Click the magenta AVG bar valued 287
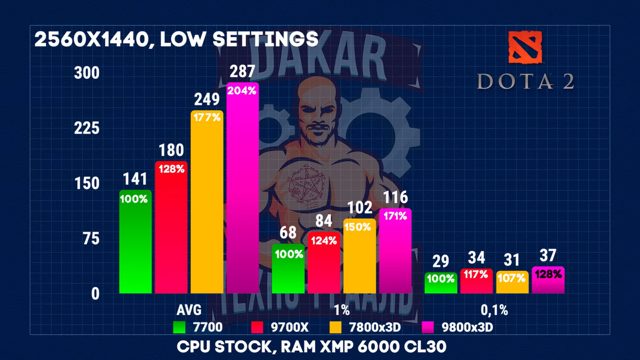(x=242, y=192)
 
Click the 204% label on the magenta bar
(x=242, y=91)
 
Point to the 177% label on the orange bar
(x=207, y=117)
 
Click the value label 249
(x=207, y=99)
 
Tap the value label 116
(x=395, y=198)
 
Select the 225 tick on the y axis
(x=86, y=128)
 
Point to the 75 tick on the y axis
(x=91, y=239)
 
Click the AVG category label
(x=189, y=310)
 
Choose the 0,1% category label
(x=494, y=310)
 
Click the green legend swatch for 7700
(x=179, y=327)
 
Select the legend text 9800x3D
(x=467, y=327)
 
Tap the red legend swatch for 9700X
(x=257, y=327)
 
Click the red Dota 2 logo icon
(x=525, y=47)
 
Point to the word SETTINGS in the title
(x=265, y=40)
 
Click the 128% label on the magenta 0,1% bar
(x=548, y=274)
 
